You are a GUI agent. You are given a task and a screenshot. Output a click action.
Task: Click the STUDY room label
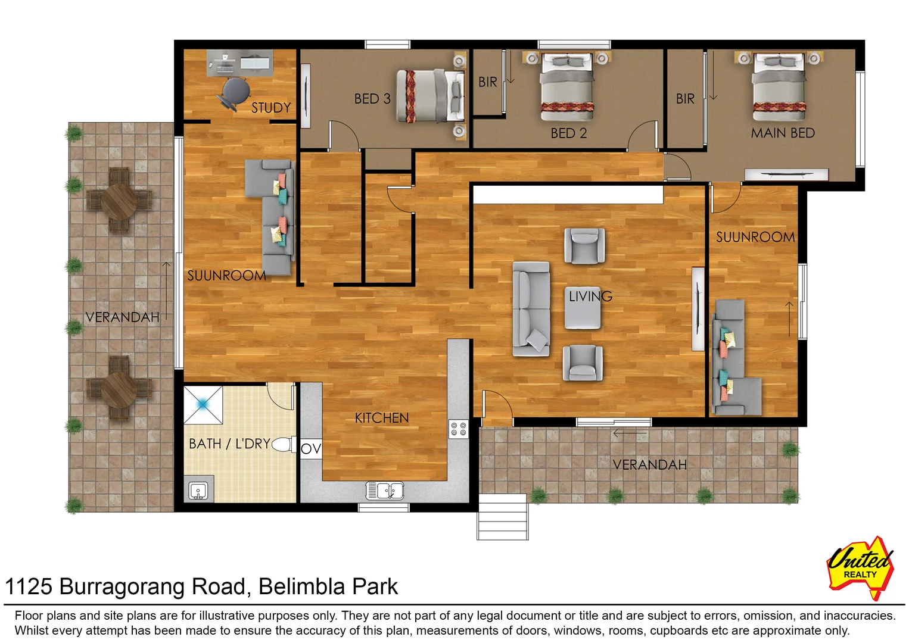pos(270,108)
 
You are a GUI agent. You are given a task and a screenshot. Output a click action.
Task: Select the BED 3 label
pos(372,99)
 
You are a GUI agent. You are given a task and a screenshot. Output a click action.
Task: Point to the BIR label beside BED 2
pos(487,82)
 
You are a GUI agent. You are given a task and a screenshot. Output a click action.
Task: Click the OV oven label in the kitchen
pos(310,449)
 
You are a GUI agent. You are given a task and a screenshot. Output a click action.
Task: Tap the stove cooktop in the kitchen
pos(458,429)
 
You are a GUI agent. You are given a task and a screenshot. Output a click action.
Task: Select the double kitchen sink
pos(385,491)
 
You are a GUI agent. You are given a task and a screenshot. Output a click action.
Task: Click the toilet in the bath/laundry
pos(284,444)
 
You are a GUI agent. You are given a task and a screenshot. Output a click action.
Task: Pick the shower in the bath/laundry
pos(203,405)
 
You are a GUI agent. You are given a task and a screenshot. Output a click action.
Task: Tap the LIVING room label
pos(590,296)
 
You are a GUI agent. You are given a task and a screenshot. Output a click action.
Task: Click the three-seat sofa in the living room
pos(531,309)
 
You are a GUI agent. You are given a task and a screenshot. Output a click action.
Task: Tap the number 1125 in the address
pos(29,587)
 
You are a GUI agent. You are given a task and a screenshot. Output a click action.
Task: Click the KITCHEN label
pos(381,418)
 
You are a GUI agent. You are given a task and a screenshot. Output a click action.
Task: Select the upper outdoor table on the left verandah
pos(119,201)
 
